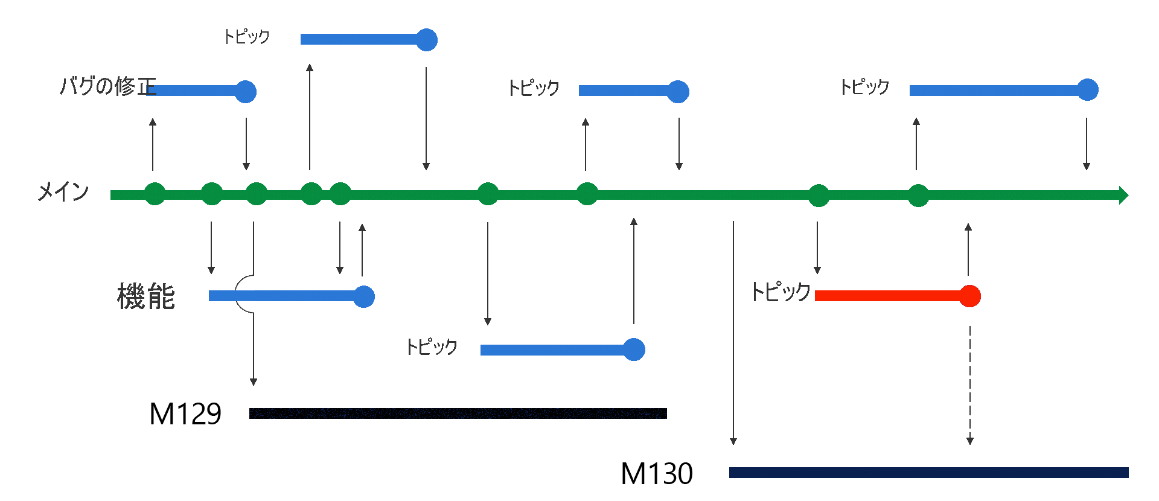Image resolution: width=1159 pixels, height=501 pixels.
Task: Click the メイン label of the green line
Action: pyautogui.click(x=63, y=193)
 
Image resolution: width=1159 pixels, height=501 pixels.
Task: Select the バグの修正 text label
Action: pyautogui.click(x=107, y=86)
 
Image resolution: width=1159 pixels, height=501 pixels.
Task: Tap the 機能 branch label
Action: pyautogui.click(x=146, y=297)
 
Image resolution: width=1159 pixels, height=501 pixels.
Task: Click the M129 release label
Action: pyautogui.click(x=185, y=414)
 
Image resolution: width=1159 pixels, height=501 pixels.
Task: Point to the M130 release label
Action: pyautogui.click(x=657, y=474)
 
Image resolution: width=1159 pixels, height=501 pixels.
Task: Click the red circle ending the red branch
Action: pyautogui.click(x=969, y=296)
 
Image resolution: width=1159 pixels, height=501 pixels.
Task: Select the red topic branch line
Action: pyautogui.click(x=887, y=296)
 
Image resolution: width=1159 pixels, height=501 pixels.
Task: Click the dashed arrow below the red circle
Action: pyautogui.click(x=970, y=386)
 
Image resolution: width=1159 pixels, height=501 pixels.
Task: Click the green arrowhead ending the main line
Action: pyautogui.click(x=1123, y=195)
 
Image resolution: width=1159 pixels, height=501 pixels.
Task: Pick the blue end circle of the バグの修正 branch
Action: pyautogui.click(x=246, y=92)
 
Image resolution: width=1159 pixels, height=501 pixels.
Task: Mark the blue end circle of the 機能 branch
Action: pyautogui.click(x=364, y=296)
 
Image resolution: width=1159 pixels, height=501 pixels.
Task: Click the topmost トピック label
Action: pyautogui.click(x=246, y=37)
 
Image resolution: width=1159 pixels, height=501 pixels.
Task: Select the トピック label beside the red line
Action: pyautogui.click(x=780, y=292)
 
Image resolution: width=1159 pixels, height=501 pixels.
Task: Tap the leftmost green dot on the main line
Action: pyautogui.click(x=155, y=194)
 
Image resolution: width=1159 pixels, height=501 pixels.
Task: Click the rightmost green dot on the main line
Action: pyautogui.click(x=918, y=196)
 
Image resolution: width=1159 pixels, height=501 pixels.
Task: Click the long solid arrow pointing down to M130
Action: pyautogui.click(x=733, y=332)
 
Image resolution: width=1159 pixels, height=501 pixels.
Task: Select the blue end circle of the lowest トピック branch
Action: pyautogui.click(x=634, y=349)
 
